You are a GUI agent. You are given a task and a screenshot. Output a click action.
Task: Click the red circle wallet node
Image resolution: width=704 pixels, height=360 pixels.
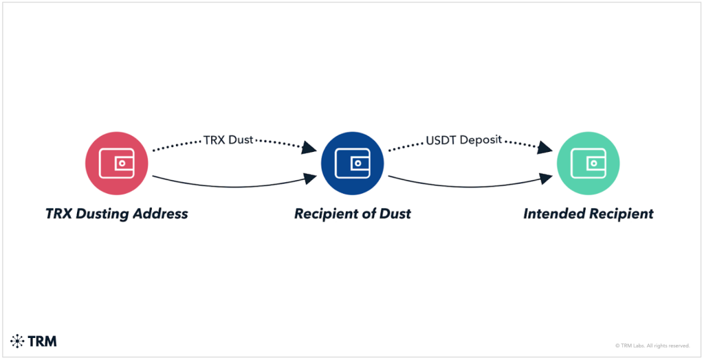point(116,163)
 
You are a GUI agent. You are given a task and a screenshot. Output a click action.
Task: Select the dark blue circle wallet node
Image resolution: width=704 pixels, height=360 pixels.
point(351,163)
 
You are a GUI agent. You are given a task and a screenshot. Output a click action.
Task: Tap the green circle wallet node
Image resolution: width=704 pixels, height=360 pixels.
point(588,163)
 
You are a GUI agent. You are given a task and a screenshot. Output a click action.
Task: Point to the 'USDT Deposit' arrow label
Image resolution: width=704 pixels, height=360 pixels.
point(465,139)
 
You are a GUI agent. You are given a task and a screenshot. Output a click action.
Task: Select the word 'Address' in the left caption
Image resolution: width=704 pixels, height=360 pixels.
point(159,214)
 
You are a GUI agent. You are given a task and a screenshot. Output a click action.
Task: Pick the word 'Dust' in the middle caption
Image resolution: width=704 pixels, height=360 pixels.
point(395,214)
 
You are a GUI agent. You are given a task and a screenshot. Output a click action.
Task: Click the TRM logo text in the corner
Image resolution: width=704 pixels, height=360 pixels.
point(43,341)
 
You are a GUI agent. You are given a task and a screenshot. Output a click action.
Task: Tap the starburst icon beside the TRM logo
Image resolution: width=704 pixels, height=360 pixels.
point(17,341)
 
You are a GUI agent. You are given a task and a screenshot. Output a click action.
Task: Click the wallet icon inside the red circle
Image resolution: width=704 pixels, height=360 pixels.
point(116,163)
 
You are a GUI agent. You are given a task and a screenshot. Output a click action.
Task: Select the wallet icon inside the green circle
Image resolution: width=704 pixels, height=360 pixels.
point(588,163)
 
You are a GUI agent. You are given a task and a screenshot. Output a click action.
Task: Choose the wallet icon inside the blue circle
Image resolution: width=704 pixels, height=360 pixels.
point(351,163)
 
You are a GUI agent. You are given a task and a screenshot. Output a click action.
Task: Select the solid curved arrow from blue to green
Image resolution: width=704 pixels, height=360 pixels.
point(467,185)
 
